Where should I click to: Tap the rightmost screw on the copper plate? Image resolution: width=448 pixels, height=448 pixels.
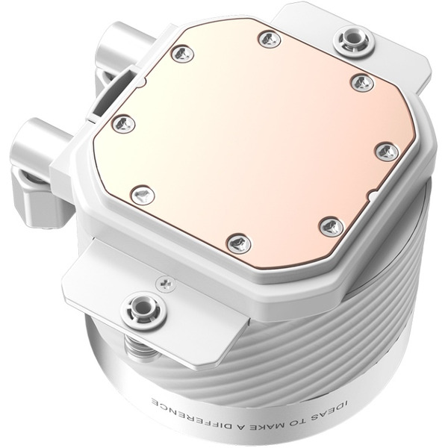(385, 152)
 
